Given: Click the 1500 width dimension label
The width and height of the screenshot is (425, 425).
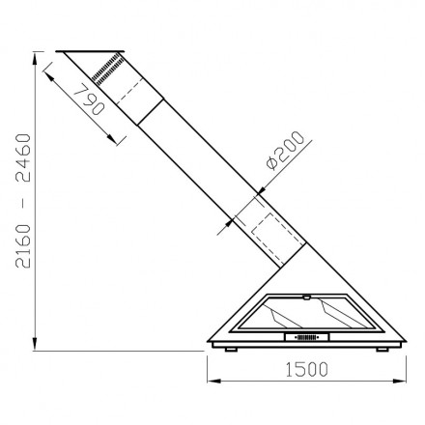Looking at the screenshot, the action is (306, 369).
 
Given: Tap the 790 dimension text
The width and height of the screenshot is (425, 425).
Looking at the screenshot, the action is (89, 99).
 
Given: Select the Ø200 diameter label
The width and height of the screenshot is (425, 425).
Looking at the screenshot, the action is (285, 150).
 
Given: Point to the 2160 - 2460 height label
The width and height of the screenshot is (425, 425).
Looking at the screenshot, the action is (23, 201).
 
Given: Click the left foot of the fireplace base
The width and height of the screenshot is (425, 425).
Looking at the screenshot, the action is (231, 350).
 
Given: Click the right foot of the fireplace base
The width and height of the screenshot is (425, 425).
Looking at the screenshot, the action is (382, 350).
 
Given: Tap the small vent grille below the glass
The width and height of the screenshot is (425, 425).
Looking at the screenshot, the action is (306, 337).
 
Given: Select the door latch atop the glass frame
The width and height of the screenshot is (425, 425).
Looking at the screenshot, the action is (306, 297).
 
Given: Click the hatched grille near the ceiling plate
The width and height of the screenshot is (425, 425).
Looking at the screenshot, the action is (107, 70).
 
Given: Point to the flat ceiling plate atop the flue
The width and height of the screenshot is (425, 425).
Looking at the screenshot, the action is (90, 51).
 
